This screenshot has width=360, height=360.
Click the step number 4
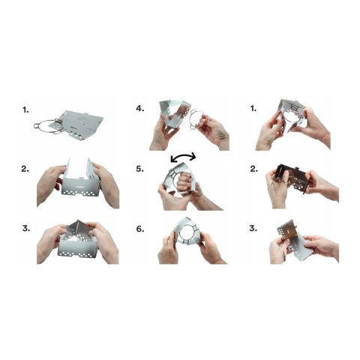(140, 109)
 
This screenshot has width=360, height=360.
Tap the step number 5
(140, 169)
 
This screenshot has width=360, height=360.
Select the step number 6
(140, 229)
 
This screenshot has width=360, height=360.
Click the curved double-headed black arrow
(183, 155)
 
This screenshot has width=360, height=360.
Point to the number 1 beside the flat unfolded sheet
(25, 109)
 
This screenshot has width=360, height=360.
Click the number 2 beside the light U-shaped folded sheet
(25, 169)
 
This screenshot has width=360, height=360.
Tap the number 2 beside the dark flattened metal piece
(254, 169)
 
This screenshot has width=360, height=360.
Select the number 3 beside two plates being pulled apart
(253, 228)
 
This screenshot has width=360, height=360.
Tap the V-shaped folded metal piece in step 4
(174, 114)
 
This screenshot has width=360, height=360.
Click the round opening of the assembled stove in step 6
(187, 234)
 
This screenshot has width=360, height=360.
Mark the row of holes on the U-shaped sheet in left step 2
(81, 193)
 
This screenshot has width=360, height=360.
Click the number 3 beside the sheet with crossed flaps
(26, 228)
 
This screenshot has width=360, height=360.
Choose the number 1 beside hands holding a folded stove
(253, 109)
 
